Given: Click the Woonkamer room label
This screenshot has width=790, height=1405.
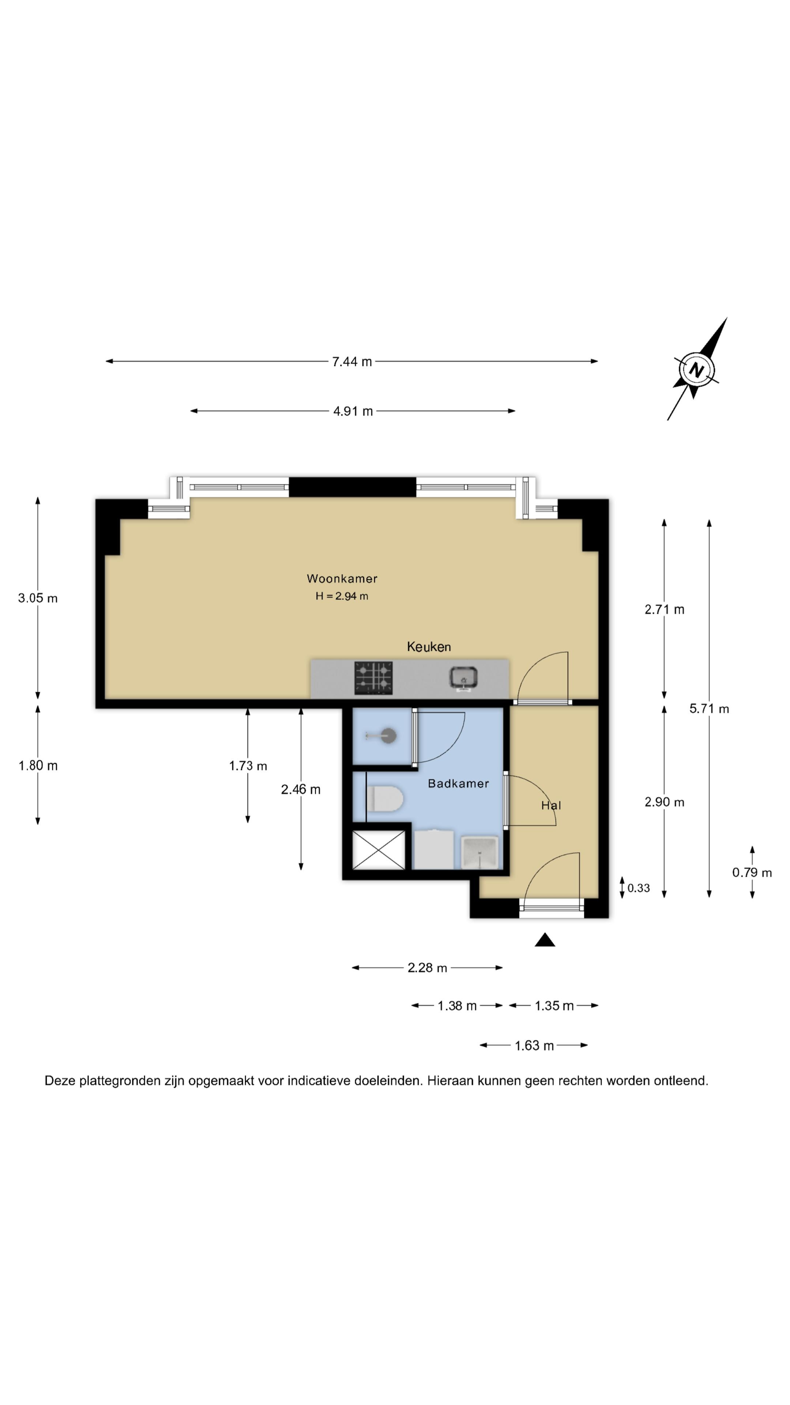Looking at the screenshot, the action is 342,578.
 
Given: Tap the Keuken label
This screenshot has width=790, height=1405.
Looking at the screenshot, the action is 429,647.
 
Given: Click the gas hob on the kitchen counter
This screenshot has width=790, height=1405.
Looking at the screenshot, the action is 373,678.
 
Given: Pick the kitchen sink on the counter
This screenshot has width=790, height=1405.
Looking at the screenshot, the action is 463,678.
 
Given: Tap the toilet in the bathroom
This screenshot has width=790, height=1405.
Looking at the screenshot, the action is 385,799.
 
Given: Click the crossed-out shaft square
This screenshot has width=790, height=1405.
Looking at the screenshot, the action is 379,850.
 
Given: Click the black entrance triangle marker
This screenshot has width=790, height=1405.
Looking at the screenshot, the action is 545,940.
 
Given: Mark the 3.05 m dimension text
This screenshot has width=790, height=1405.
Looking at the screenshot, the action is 38,598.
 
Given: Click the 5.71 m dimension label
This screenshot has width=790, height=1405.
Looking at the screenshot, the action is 709,708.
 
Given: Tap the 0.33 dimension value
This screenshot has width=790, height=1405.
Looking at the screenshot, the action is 639,888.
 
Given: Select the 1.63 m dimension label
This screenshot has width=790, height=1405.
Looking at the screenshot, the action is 534,1046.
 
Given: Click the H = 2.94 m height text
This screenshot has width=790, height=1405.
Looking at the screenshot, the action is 342,596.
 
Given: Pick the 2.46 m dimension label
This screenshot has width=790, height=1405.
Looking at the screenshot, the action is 300,789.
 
